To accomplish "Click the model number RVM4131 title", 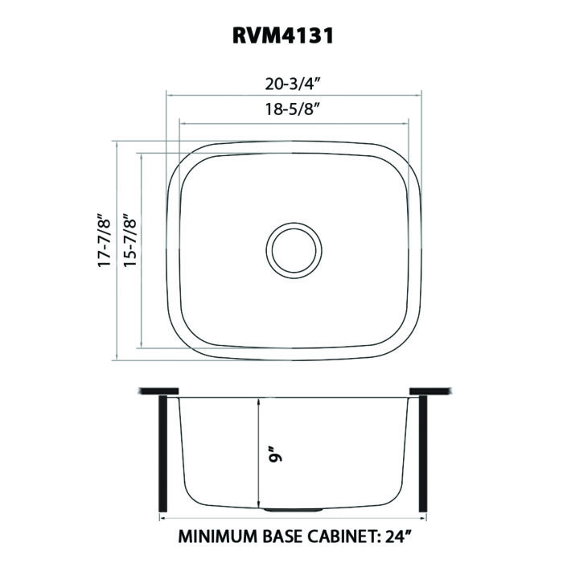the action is click(283, 36).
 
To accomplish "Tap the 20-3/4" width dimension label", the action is click(293, 84).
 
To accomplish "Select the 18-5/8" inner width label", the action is click(293, 109).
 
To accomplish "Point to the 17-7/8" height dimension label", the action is click(105, 240).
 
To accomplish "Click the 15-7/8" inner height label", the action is click(130, 240).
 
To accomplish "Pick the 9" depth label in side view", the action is click(276, 454).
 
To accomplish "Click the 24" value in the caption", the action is click(398, 536).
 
